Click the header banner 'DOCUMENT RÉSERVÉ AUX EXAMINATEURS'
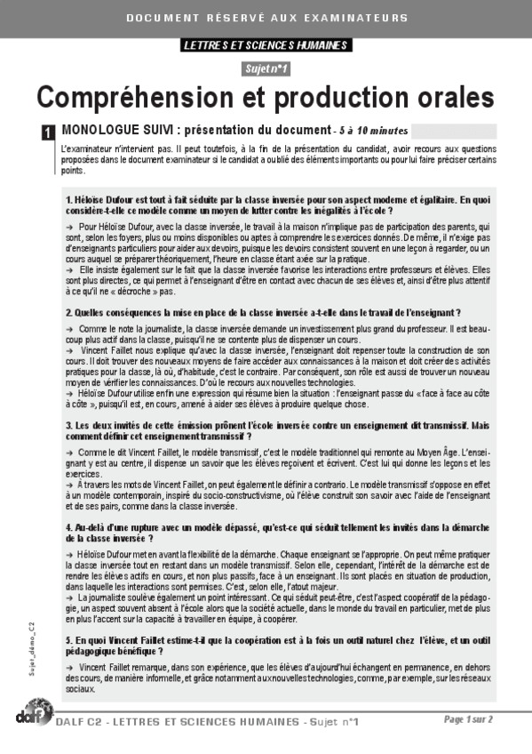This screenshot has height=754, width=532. (x=266, y=18)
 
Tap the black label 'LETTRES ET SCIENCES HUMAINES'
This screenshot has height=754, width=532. (x=266, y=45)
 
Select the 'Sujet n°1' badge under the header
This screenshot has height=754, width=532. (x=266, y=68)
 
